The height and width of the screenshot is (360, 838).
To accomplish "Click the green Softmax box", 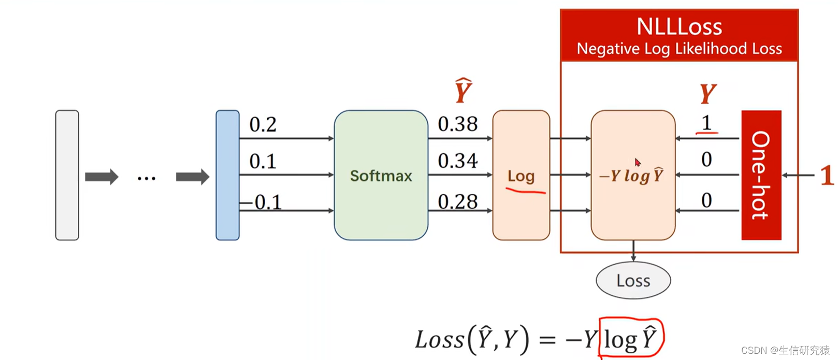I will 381,175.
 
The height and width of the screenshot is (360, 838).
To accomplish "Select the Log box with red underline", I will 521,175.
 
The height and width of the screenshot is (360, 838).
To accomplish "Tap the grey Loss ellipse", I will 633,280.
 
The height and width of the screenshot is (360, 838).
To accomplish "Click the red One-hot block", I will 761,175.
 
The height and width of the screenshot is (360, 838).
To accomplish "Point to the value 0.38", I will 457,124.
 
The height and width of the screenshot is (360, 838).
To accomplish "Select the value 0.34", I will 457,161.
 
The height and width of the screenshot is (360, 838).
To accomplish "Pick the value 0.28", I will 457,201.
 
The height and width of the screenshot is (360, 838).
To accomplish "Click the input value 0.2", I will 263,124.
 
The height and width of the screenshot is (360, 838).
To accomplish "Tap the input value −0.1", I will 262,201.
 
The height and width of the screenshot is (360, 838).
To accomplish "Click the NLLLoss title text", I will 679,26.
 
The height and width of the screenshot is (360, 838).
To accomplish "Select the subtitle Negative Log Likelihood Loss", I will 679,49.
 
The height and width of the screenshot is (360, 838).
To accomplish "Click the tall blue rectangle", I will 227,175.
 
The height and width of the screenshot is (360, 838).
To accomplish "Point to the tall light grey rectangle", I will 67,175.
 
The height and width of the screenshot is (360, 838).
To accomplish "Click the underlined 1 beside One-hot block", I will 706,123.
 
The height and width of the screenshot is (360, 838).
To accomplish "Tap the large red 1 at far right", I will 827,175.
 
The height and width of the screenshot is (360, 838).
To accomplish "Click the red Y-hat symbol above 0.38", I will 463,91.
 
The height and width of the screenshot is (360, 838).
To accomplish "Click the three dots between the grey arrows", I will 147,178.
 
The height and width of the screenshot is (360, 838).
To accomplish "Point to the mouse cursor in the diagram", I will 638,162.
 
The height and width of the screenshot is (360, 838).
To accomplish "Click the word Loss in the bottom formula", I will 440,340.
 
